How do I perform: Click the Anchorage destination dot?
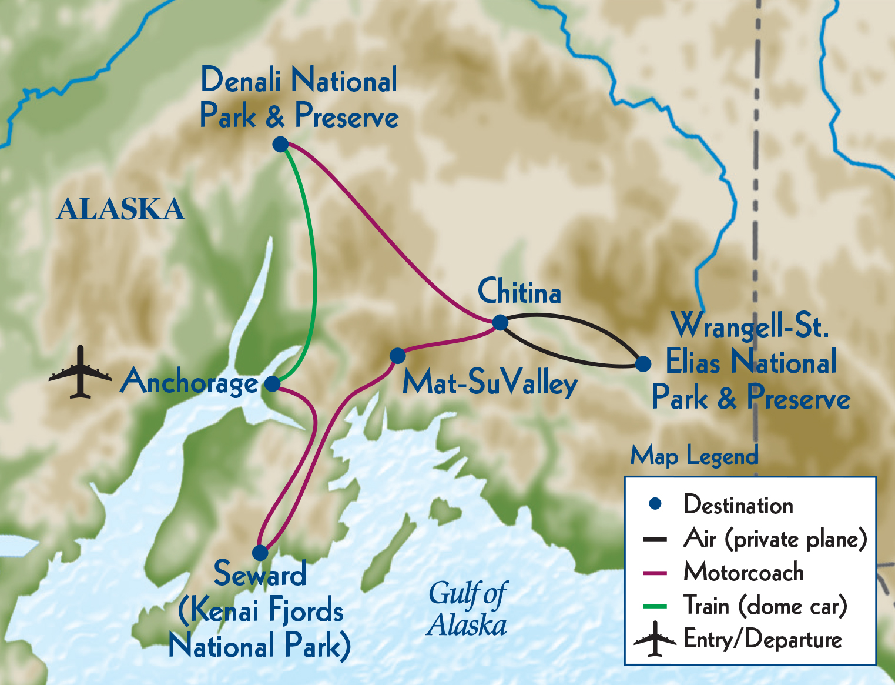point(272,384)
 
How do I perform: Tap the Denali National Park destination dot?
point(281,144)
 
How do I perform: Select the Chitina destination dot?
point(500,322)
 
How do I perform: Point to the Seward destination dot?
point(260,553)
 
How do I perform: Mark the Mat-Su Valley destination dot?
point(398,356)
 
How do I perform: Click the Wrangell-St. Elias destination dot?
point(643,363)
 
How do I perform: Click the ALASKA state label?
point(120,209)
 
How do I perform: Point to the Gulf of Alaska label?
point(467,609)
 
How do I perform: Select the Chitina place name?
point(519,292)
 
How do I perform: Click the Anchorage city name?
point(189,383)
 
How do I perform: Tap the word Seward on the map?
point(260,574)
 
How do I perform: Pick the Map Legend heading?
point(694,456)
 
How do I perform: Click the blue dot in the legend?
point(655,504)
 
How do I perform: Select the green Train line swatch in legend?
point(655,606)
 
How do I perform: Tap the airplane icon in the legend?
point(655,640)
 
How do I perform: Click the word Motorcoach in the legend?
point(743,572)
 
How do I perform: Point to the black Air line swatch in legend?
point(655,539)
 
